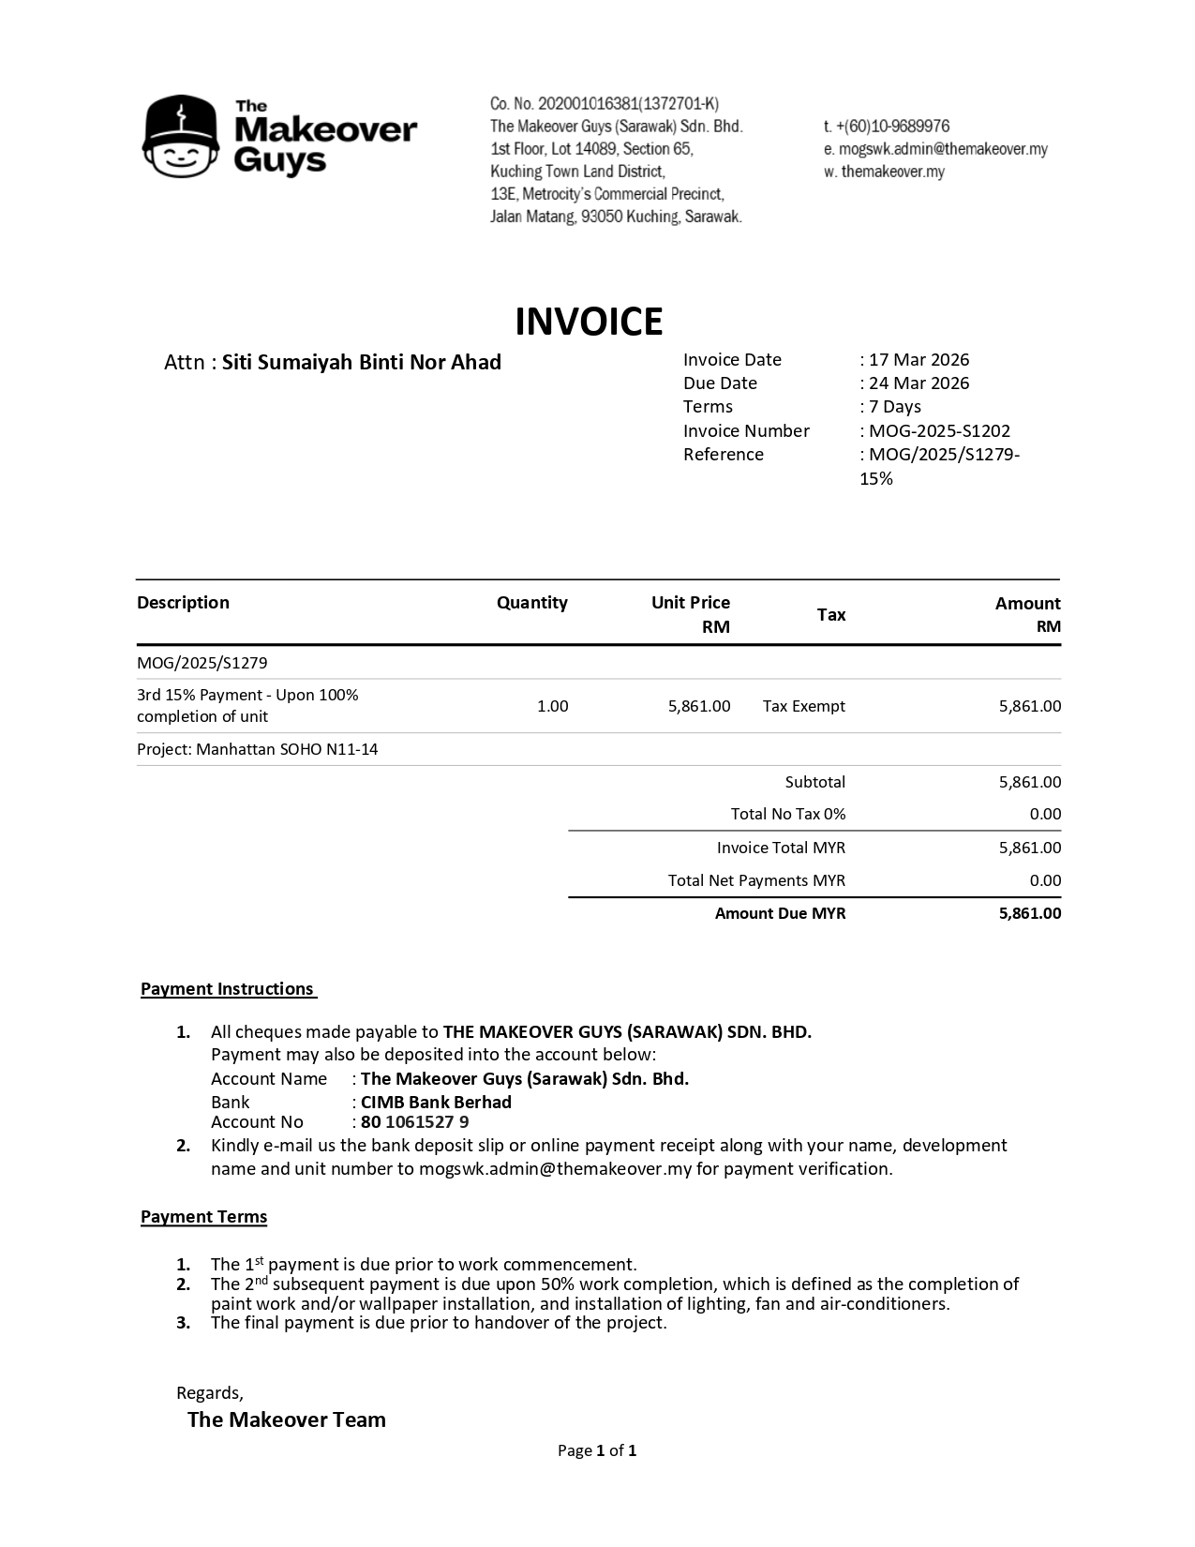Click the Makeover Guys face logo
(181, 137)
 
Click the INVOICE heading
(589, 322)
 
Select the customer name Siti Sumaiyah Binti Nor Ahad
(361, 363)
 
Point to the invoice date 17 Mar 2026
(919, 360)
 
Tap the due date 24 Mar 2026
(919, 383)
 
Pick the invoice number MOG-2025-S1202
(939, 431)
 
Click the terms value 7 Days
(894, 407)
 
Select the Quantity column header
(531, 603)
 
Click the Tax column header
(831, 615)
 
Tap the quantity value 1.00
(552, 706)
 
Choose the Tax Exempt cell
(803, 706)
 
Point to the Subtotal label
(814, 782)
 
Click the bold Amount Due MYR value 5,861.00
(1029, 913)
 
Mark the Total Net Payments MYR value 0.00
(1045, 880)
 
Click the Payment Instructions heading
(228, 989)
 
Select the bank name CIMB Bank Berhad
(436, 1102)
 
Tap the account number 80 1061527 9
(414, 1122)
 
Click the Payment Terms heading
(203, 1217)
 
